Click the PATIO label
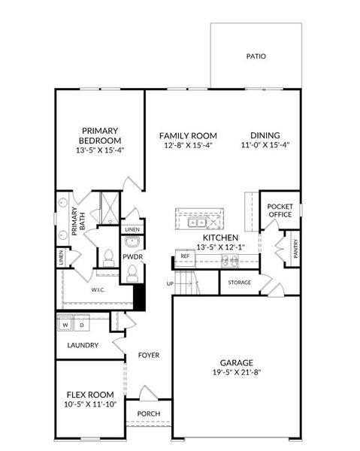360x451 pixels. [256, 56]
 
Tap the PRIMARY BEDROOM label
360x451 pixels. [101, 135]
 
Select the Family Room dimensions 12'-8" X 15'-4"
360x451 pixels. [186, 145]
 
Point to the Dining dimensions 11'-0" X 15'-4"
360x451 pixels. [265, 145]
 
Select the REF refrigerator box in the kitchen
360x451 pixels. [185, 257]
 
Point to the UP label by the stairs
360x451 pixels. [171, 283]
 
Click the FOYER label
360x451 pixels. [148, 355]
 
